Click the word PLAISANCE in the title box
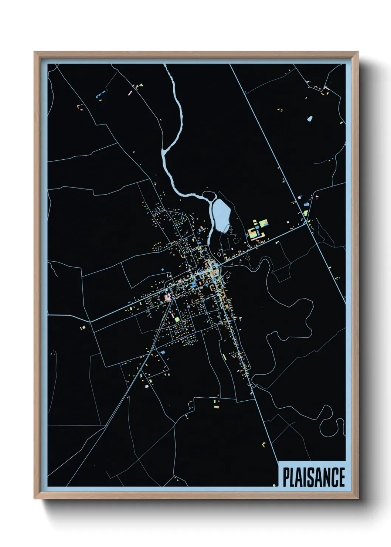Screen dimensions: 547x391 click(x=314, y=477)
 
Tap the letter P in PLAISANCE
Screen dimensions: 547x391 click(x=286, y=477)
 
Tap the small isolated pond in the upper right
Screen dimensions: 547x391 click(x=310, y=119)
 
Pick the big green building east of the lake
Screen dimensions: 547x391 click(x=263, y=223)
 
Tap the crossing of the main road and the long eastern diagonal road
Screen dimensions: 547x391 click(x=306, y=223)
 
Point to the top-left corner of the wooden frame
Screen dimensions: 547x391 click(x=34, y=52)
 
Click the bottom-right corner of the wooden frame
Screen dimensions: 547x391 click(x=357, y=498)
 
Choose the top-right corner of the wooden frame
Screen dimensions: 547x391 click(x=357, y=52)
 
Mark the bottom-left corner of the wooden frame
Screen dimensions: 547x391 click(x=34, y=498)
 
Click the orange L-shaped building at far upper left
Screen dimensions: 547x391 click(x=79, y=107)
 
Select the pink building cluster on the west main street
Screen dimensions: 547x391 click(x=168, y=297)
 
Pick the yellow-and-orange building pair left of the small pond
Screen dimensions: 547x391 click(x=280, y=110)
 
